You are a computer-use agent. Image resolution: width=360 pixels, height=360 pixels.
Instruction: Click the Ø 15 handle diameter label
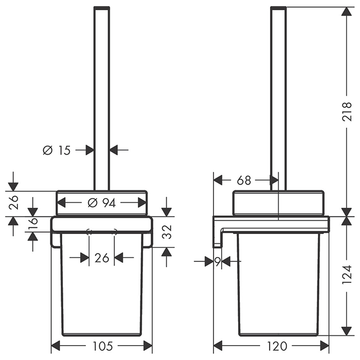point(57,151)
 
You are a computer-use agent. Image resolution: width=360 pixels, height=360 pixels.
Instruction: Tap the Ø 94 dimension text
point(102,203)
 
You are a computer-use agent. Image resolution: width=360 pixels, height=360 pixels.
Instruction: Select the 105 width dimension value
point(103,346)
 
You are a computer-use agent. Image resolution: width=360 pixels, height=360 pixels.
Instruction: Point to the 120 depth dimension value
point(277,346)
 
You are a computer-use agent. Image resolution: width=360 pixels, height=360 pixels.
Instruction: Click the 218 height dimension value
point(347,112)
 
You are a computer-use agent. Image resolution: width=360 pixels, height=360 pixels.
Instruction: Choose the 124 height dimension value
point(347,274)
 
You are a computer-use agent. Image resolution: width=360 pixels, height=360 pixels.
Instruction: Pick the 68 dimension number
point(244,181)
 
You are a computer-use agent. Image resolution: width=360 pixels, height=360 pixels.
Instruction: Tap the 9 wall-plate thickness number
point(218,261)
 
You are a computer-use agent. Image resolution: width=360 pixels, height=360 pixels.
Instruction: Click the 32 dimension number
point(167,232)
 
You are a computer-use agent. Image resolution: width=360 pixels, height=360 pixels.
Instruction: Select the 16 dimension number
point(33,224)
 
